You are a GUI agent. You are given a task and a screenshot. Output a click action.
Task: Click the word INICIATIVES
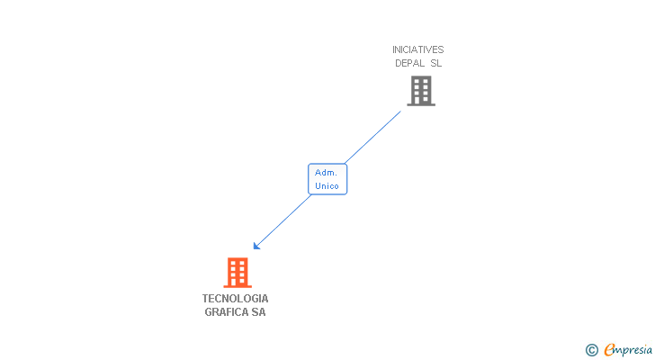pyautogui.click(x=417, y=49)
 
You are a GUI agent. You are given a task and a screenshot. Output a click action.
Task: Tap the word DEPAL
pyautogui.click(x=409, y=63)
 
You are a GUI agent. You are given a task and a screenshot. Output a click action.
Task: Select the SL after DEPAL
pyautogui.click(x=435, y=63)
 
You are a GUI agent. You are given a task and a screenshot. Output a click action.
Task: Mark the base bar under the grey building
pyautogui.click(x=421, y=104)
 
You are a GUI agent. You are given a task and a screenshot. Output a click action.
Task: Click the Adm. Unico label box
pyautogui.click(x=327, y=179)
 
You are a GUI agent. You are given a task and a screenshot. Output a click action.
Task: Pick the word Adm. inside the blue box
pyautogui.click(x=327, y=172)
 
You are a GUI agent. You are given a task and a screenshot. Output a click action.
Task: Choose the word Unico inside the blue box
pyautogui.click(x=327, y=186)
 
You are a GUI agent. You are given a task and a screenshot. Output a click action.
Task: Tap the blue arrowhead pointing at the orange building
pyautogui.click(x=256, y=246)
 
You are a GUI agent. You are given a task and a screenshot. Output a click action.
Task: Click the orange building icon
pyautogui.click(x=237, y=271)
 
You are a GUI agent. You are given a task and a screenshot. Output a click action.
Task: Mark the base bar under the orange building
pyautogui.click(x=237, y=286)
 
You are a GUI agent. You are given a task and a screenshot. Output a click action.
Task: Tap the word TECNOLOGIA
pyautogui.click(x=236, y=299)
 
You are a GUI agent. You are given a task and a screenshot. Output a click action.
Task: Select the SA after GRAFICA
pyautogui.click(x=258, y=312)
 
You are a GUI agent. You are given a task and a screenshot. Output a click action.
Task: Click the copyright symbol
pyautogui.click(x=591, y=350)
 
